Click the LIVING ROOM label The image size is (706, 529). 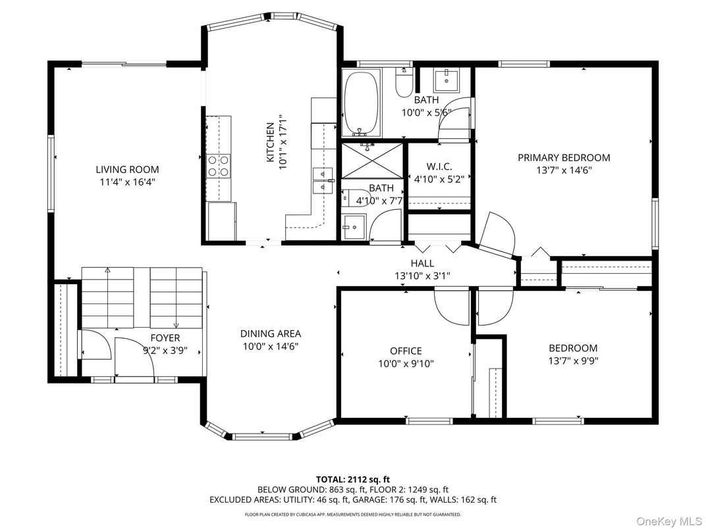point(127,170)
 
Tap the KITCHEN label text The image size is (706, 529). point(270,143)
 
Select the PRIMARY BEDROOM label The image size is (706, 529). point(564,158)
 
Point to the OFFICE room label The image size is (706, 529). point(406,351)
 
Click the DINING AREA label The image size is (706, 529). point(270,334)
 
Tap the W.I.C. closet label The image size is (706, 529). point(439,167)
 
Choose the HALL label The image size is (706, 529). point(422,264)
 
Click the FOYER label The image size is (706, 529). point(165,338)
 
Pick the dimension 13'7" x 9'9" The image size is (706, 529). point(573,361)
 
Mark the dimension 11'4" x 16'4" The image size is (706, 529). point(127,182)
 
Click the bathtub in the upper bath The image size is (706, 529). point(361,103)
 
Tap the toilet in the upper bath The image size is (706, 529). point(404,82)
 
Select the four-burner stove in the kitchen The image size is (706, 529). point(219,166)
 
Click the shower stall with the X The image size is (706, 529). point(372,160)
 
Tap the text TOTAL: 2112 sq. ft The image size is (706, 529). point(352,480)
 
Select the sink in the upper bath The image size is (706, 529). point(447,80)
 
